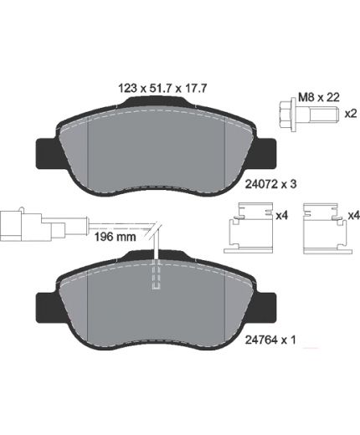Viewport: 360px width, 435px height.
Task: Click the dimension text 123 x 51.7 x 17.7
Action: (162, 89)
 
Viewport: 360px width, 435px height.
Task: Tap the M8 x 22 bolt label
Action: (319, 98)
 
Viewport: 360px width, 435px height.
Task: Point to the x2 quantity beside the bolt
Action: (351, 114)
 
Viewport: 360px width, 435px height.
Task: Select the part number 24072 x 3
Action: (270, 184)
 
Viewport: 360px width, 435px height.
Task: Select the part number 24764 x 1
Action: (270, 340)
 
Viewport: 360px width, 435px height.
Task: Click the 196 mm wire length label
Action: (116, 237)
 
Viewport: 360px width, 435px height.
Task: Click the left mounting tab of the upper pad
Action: (47, 153)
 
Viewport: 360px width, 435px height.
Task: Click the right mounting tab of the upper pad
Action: (265, 154)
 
